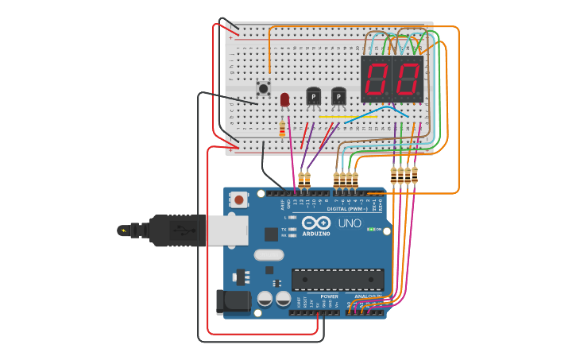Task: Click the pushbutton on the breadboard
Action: (x=263, y=88)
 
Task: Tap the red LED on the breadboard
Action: (x=284, y=99)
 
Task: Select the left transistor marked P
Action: (x=313, y=96)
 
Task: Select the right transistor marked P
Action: (x=338, y=96)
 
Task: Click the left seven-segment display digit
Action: (x=376, y=79)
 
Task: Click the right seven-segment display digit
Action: (x=407, y=79)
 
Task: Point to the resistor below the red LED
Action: (x=282, y=128)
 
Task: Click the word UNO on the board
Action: (x=350, y=223)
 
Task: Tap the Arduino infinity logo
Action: (x=315, y=223)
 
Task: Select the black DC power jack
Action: (x=231, y=302)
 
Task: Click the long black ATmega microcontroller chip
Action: (x=338, y=280)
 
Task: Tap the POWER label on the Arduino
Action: (x=328, y=296)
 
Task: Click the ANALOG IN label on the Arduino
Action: (x=366, y=296)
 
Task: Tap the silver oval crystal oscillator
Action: (x=269, y=255)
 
